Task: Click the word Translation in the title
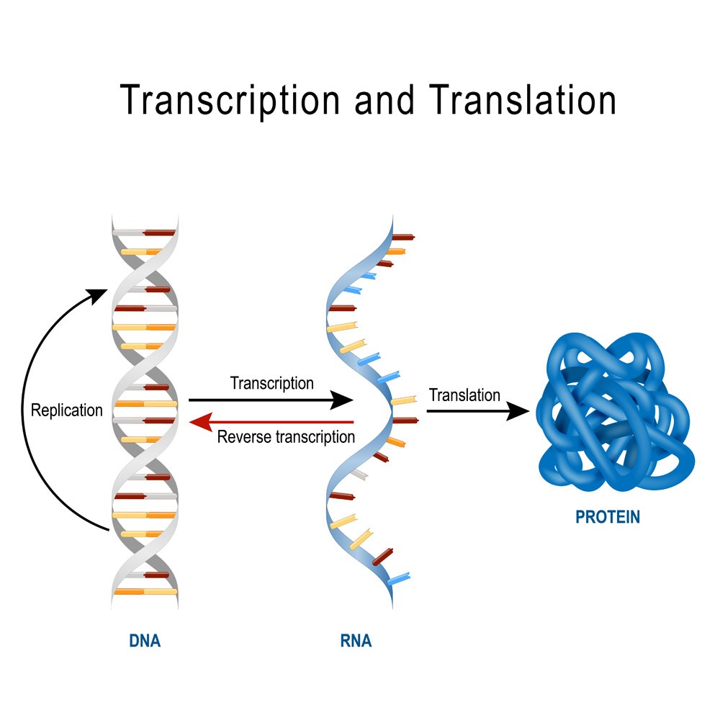[523, 99]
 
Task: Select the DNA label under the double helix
[145, 640]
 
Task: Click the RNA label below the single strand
[356, 640]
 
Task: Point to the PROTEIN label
[608, 517]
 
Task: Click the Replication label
[66, 410]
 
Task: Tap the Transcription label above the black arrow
[271, 383]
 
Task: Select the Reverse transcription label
[286, 437]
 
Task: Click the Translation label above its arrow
[464, 395]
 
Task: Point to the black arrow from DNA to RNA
[270, 400]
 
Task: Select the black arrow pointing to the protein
[475, 411]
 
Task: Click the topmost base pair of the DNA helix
[144, 233]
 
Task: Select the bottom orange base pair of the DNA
[145, 591]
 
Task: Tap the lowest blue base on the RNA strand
[397, 578]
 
